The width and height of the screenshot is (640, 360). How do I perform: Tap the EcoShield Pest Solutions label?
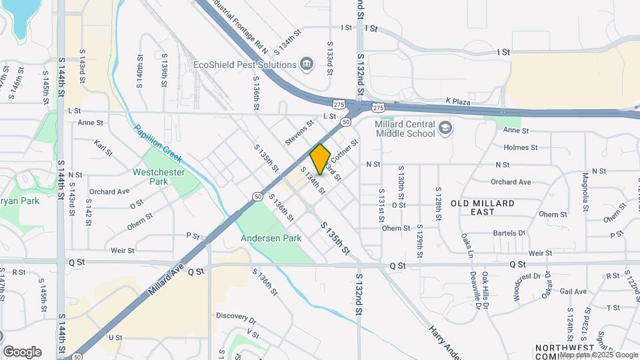pyautogui.click(x=244, y=65)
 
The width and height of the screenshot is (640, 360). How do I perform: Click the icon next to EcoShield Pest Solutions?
pyautogui.click(x=306, y=64)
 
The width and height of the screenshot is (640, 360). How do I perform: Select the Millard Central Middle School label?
pyautogui.click(x=405, y=129)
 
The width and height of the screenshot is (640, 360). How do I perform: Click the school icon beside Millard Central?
pyautogui.click(x=445, y=127)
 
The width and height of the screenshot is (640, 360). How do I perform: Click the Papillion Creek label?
pyautogui.click(x=158, y=143)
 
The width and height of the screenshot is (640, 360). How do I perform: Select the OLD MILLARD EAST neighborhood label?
pyautogui.click(x=483, y=207)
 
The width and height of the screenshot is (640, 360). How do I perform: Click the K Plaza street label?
pyautogui.click(x=458, y=102)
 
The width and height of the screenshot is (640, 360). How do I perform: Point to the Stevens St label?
pyautogui.click(x=299, y=133)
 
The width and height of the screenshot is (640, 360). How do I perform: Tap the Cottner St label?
pyautogui.click(x=345, y=151)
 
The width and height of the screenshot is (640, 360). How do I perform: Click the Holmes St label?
pyautogui.click(x=521, y=147)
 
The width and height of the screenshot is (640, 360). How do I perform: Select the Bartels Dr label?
pyautogui.click(x=509, y=233)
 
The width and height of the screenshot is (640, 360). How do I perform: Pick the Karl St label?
pyautogui.click(x=103, y=148)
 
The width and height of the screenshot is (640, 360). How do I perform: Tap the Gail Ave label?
pyautogui.click(x=573, y=291)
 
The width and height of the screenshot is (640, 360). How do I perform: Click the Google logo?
pyautogui.click(x=22, y=352)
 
